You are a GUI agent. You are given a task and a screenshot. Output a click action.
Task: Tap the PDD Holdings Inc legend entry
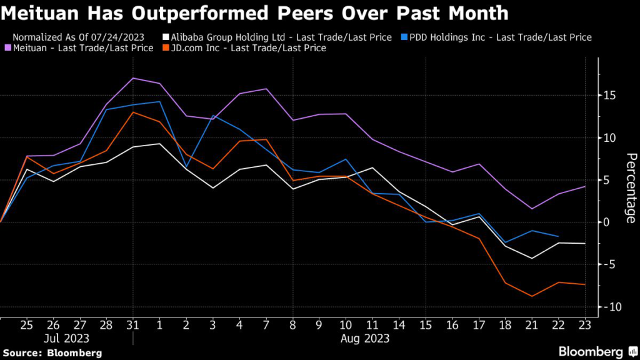pos(497,37)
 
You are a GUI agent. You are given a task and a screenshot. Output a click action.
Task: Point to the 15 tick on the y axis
pos(609,95)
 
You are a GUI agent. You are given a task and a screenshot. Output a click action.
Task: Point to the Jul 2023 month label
pos(67,339)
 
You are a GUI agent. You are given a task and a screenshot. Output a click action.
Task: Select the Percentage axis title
pos(631,187)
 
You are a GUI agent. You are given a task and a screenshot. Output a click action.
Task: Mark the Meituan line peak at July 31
pos(133,78)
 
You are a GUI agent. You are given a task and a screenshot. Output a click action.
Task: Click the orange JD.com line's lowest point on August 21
pos(532,296)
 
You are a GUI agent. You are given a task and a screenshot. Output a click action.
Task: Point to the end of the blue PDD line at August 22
pos(558,236)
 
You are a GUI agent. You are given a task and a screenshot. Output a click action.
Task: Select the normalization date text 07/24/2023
pos(115,37)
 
